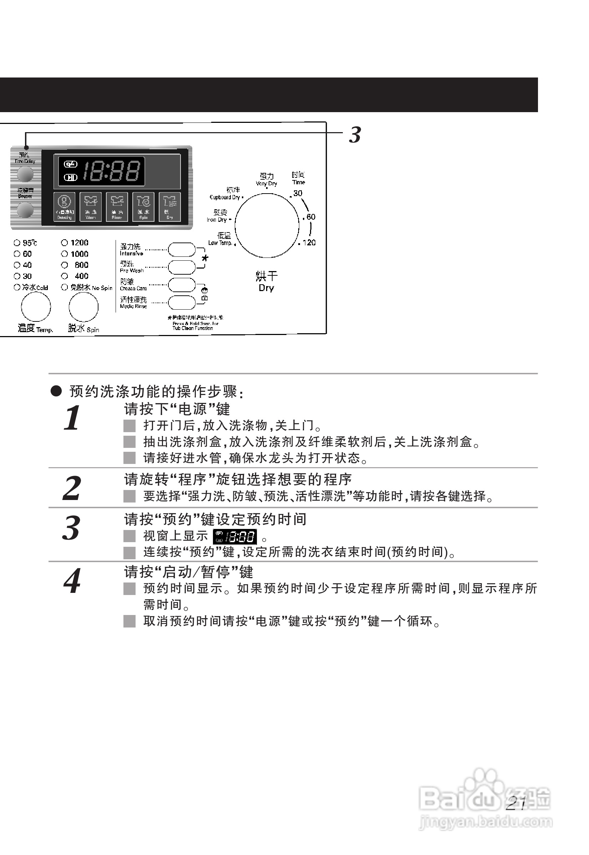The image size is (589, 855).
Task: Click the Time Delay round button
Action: pos(25,174)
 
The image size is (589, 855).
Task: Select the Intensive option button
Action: pos(182,250)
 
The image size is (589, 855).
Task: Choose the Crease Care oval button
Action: pos(182,285)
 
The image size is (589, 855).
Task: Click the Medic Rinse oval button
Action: pos(182,302)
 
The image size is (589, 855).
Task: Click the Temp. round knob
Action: pos(36,307)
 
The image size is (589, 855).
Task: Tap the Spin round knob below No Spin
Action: pos(83,307)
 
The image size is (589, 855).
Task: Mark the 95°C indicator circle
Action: pos(17,243)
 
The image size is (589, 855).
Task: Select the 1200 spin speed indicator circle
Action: pos(65,243)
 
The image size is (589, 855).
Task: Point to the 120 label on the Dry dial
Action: pos(309,243)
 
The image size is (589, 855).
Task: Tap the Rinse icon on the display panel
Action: pos(117,206)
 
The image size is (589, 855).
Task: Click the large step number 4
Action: pos(72,581)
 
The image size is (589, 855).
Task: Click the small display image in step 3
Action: pos(235,537)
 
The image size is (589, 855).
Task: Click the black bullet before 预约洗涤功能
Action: pos(56,391)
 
